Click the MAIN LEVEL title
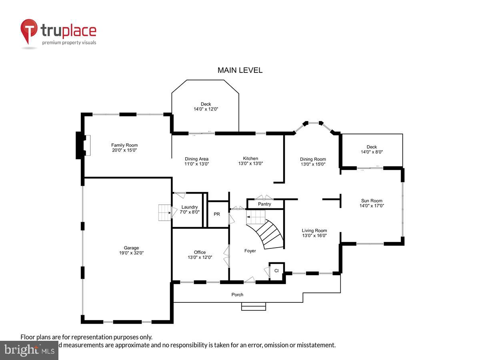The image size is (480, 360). (240, 70)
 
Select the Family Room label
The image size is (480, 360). (124, 145)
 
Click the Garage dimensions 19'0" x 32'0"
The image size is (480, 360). (131, 253)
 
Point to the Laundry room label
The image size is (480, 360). (190, 207)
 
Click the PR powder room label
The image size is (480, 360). (217, 214)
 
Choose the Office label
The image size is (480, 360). (200, 252)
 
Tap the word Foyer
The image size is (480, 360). (250, 251)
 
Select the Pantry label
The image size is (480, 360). (264, 204)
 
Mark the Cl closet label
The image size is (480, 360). (276, 271)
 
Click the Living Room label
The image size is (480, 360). (314, 230)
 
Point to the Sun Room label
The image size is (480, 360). (372, 201)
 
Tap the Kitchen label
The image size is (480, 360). (250, 158)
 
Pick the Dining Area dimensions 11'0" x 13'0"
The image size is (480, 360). (196, 164)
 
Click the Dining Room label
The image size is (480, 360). (313, 159)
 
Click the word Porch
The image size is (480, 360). (237, 295)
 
